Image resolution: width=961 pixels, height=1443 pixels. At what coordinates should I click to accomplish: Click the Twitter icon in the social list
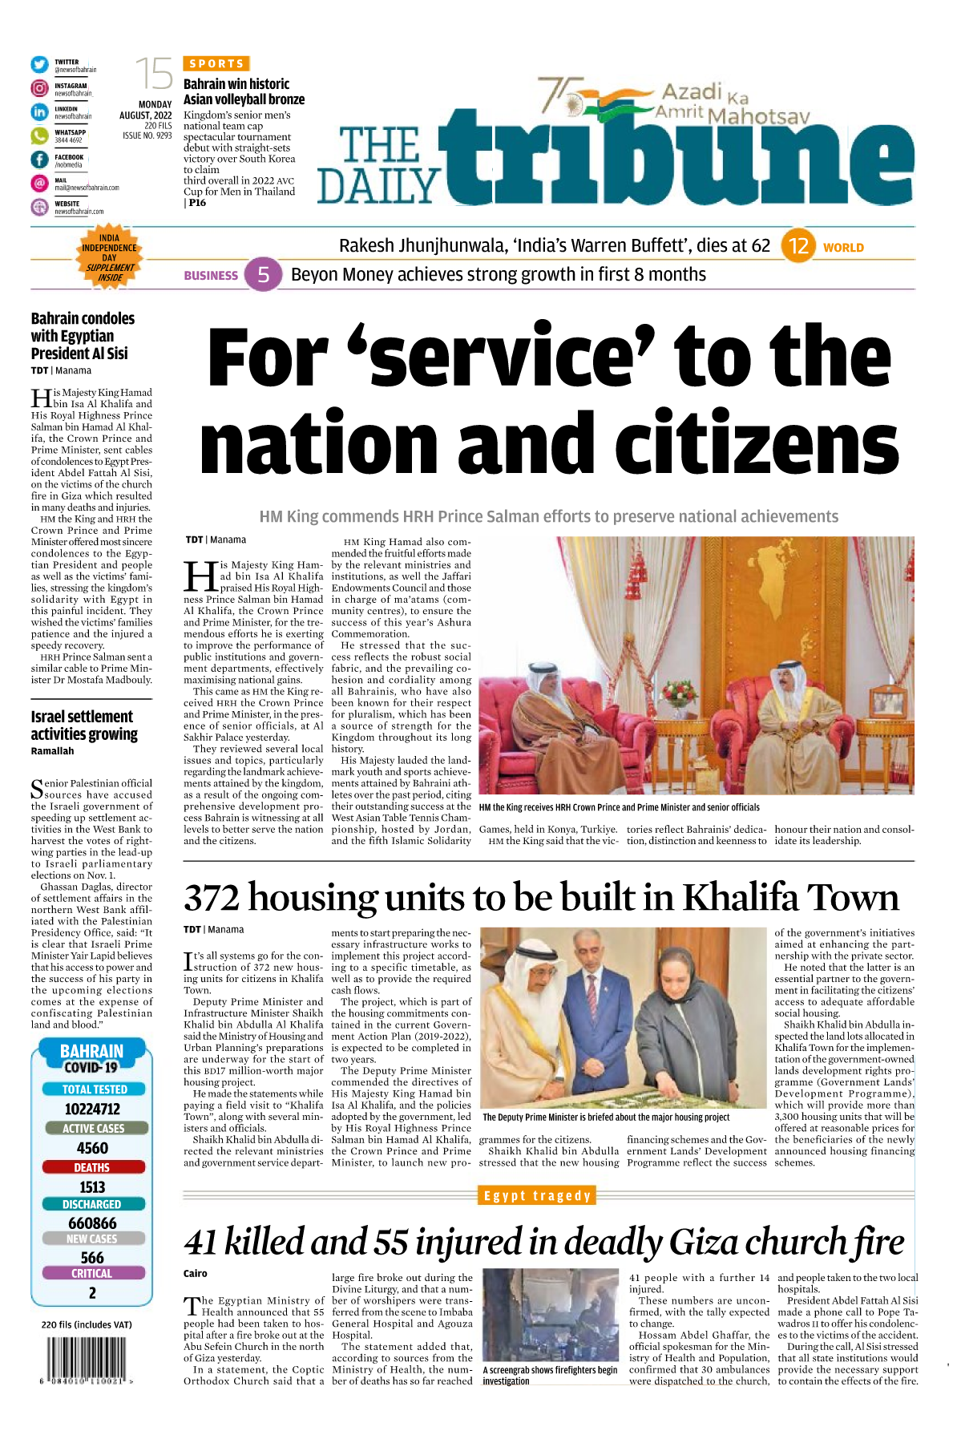pyautogui.click(x=39, y=65)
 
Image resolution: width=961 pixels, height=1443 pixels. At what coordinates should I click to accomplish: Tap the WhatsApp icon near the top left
pyautogui.click(x=39, y=136)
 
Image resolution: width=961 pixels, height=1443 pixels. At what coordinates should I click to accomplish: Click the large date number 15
pyautogui.click(x=153, y=75)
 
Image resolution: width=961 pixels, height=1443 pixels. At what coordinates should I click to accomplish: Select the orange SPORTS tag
pyautogui.click(x=216, y=63)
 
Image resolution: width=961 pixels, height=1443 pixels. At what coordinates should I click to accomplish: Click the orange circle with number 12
pyautogui.click(x=798, y=246)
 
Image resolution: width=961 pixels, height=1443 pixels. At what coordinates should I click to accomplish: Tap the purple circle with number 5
pyautogui.click(x=263, y=275)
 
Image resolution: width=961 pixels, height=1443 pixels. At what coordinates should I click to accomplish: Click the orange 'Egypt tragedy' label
pyautogui.click(x=537, y=1195)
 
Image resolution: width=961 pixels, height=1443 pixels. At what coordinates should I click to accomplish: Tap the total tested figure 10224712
pyautogui.click(x=92, y=1110)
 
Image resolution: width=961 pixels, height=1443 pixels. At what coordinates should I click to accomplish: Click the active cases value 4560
pyautogui.click(x=92, y=1148)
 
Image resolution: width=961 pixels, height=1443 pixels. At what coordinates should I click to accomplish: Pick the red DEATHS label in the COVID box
pyautogui.click(x=92, y=1167)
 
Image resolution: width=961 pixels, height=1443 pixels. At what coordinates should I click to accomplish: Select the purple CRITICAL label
pyautogui.click(x=92, y=1273)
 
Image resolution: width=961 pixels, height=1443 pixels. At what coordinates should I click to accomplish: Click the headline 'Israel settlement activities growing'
pyautogui.click(x=84, y=726)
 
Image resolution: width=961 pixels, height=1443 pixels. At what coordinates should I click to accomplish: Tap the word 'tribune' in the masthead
pyautogui.click(x=677, y=154)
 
